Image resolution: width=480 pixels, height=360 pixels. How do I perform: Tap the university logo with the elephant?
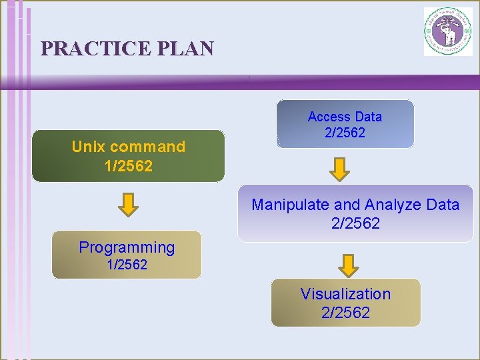(x=447, y=31)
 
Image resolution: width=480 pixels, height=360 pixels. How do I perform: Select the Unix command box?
(x=128, y=156)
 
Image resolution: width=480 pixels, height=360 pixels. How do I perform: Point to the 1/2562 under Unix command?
(x=129, y=165)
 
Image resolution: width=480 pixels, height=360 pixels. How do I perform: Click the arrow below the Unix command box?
(x=128, y=204)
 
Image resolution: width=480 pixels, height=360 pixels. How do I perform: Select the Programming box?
(x=127, y=255)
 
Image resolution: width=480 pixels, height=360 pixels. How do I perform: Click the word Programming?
(x=127, y=247)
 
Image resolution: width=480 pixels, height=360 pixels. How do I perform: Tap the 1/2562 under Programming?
(x=127, y=265)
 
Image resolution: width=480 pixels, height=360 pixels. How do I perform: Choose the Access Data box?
(x=345, y=124)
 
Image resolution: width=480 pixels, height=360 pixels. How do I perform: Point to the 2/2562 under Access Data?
(x=345, y=133)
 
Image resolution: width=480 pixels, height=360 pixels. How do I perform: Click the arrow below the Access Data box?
(x=341, y=169)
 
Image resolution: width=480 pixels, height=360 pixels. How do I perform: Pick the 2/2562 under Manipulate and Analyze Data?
(x=355, y=223)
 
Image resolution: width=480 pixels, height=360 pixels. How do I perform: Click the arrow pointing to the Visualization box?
(x=348, y=265)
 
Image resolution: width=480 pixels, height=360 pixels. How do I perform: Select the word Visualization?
(x=345, y=294)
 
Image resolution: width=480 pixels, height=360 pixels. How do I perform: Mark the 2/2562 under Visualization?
(x=345, y=312)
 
